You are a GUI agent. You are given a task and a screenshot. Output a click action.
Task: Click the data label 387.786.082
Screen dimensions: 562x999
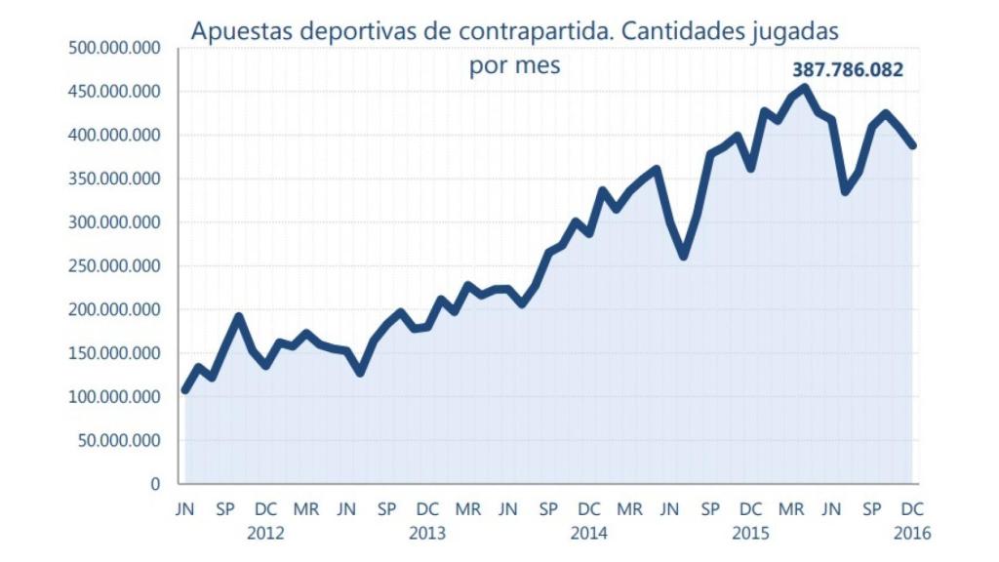[x=847, y=70]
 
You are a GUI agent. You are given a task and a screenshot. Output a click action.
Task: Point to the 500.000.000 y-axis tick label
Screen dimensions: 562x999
[x=115, y=48]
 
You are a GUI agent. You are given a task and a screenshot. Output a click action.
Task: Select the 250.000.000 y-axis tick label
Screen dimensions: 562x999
[x=115, y=265]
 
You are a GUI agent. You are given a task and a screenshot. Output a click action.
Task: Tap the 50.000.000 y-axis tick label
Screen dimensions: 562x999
[x=120, y=440]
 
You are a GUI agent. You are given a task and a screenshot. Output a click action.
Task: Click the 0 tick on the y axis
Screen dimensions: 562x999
[x=154, y=484]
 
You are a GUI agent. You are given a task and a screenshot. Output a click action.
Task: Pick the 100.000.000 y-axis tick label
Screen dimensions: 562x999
[x=115, y=397]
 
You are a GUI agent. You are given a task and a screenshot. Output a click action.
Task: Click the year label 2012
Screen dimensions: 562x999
[x=265, y=534]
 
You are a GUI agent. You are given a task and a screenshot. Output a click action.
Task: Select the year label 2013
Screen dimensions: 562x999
[x=427, y=534]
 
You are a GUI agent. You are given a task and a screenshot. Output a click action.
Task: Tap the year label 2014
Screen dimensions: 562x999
[x=589, y=534]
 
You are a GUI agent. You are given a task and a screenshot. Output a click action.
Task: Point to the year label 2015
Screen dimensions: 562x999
[x=750, y=534]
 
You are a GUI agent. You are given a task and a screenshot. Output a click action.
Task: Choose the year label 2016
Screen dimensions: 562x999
[x=912, y=534]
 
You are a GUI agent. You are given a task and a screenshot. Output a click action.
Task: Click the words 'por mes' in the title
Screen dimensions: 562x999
[x=514, y=68]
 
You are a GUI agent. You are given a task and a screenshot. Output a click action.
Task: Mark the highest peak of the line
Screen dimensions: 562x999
[x=804, y=88]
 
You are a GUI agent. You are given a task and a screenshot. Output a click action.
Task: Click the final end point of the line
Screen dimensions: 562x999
[x=913, y=146]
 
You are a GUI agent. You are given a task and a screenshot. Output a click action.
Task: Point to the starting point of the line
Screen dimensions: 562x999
[x=185, y=390]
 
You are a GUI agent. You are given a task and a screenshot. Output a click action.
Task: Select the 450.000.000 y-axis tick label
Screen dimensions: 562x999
[x=115, y=92]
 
